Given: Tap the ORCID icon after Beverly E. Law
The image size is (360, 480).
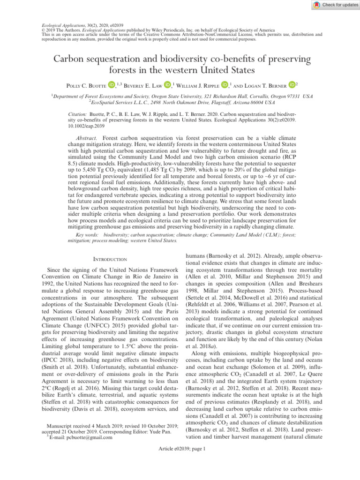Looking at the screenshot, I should pyautogui.click(x=168, y=85).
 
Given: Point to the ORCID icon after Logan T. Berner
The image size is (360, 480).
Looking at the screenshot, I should pyautogui.click(x=292, y=85).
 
